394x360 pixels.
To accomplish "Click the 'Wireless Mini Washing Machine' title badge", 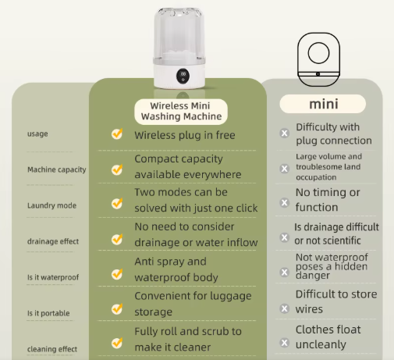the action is coord(181,112).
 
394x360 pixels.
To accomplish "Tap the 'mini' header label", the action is coord(323,104).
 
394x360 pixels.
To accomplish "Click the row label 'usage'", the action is coord(37,134).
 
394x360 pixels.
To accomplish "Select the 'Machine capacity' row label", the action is coord(57,169).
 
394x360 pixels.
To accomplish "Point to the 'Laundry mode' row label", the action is coord(51,205).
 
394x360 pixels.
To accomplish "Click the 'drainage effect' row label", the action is coord(53,241).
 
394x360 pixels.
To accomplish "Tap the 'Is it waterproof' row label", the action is coord(53,277).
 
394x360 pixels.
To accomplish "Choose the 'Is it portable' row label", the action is coord(48,313).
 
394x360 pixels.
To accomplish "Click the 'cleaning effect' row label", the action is coord(52,349).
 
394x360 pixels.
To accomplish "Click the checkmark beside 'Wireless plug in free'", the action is coord(117,134).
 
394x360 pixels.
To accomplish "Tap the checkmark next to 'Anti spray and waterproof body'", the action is coord(117,274).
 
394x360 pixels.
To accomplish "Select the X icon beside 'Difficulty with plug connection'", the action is coord(285,134).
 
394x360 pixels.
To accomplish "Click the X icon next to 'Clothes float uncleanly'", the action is coord(285,343).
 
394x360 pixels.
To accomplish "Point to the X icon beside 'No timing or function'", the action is coord(285,202).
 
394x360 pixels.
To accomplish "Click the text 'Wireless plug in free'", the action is coord(185,135).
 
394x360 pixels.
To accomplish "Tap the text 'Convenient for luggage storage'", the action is coord(193,304).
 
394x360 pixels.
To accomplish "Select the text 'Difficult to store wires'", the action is coord(336,301).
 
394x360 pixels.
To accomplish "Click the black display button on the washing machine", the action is coord(183,76).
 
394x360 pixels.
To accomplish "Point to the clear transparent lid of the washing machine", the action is coord(179,34).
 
